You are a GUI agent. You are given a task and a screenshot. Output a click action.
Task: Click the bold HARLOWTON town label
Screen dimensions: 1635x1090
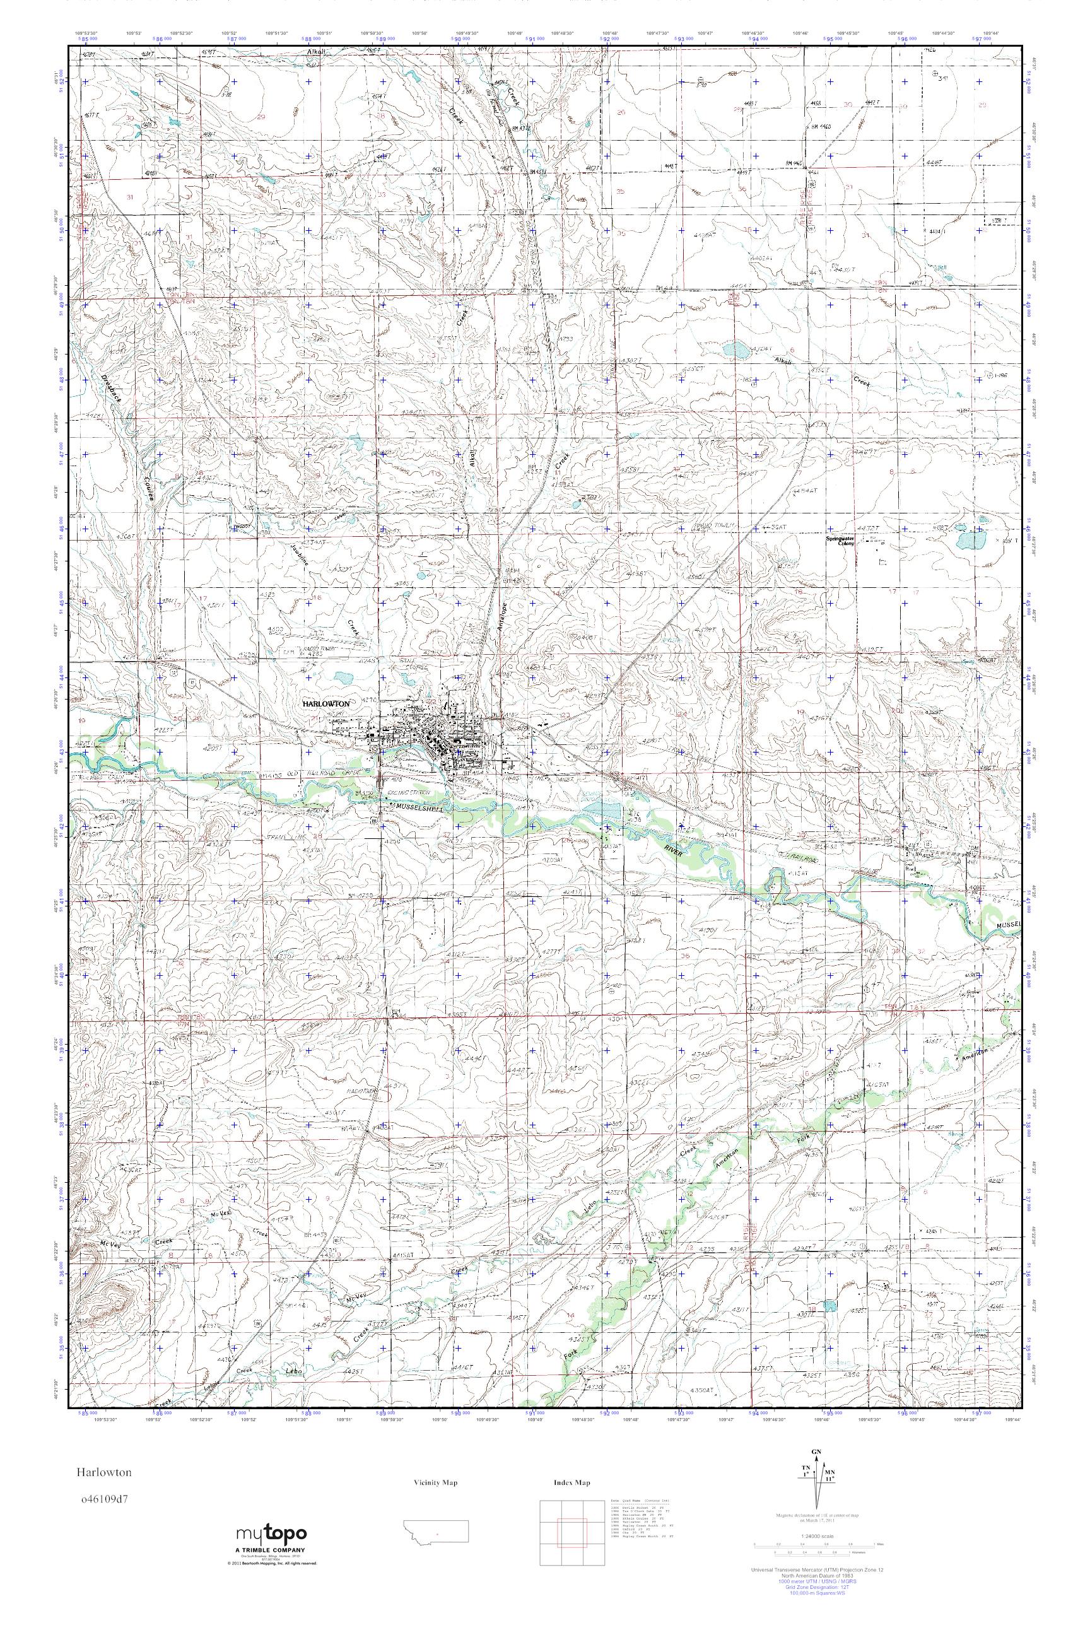point(326,703)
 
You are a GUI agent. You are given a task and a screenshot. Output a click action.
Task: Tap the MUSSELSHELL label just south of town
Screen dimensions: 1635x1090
point(419,809)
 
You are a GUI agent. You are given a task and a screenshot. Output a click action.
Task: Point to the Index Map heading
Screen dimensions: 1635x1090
point(571,1483)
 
